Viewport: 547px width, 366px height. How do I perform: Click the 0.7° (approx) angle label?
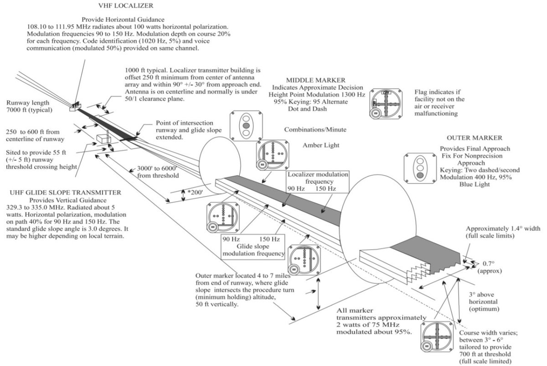[489, 267]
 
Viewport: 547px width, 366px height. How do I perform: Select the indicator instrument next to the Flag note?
[386, 104]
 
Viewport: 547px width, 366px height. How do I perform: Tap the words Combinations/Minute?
[315, 130]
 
